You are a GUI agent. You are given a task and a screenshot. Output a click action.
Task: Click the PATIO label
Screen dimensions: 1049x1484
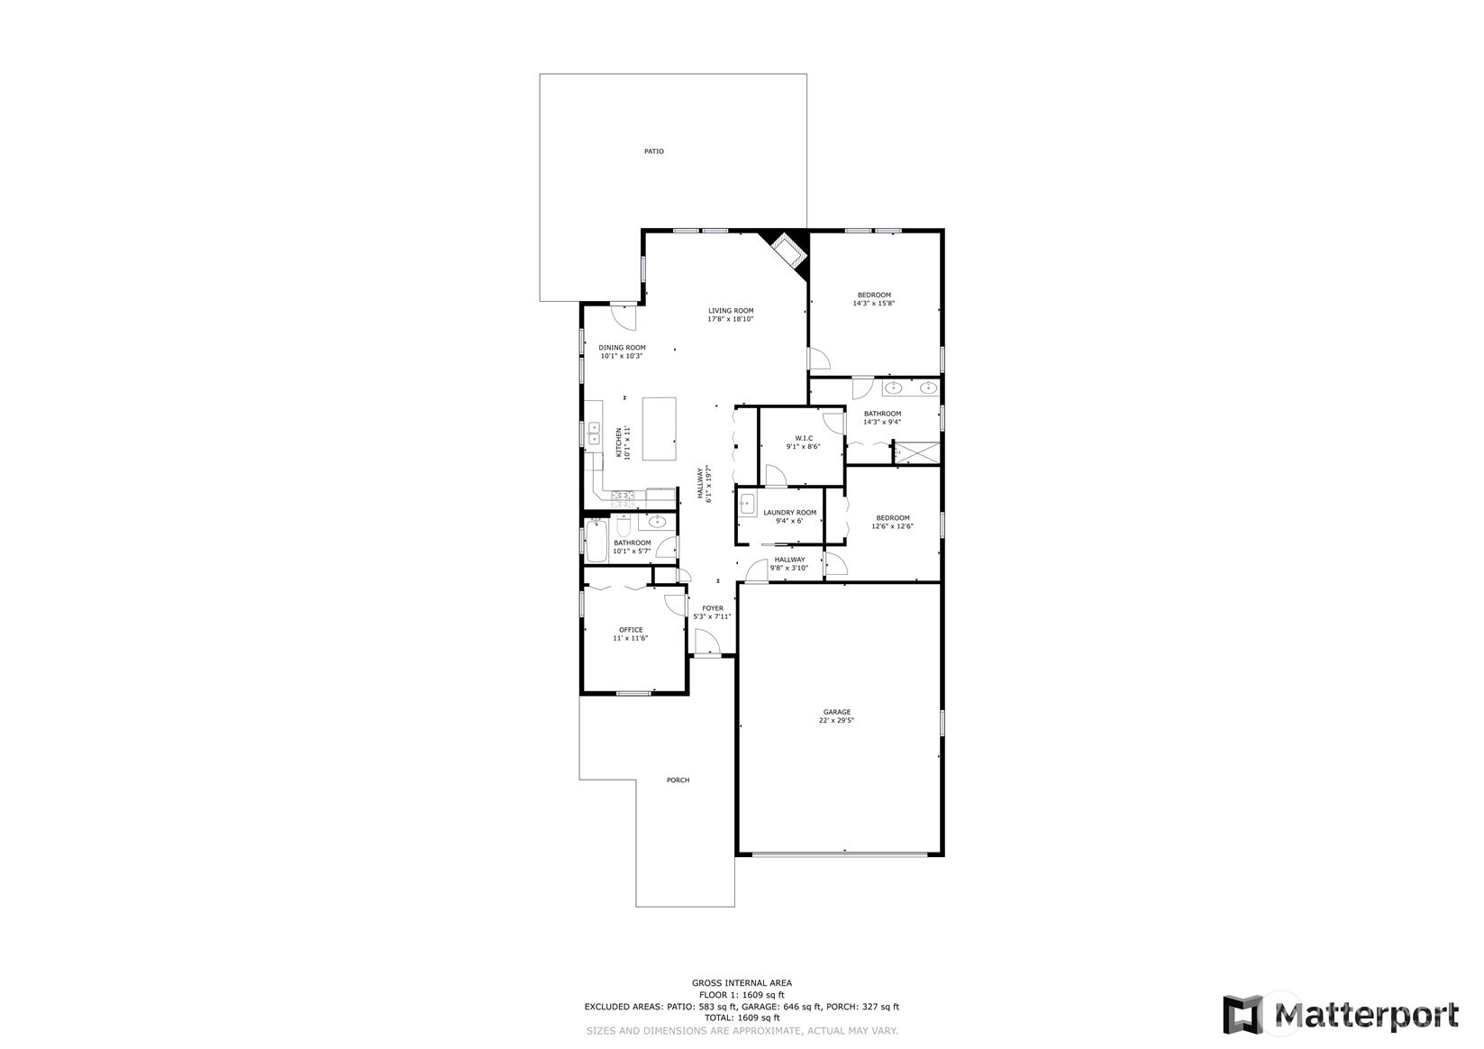coord(653,151)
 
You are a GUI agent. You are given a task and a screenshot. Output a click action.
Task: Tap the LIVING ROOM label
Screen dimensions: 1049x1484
coord(730,311)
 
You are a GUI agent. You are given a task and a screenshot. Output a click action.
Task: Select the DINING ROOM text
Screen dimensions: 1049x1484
coord(622,348)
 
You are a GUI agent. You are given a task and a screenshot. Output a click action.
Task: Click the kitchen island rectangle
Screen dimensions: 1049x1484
coord(659,429)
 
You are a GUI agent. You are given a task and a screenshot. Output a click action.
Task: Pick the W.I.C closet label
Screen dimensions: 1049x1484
coord(804,438)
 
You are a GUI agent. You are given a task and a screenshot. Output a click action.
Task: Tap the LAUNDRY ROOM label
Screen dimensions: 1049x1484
coord(789,513)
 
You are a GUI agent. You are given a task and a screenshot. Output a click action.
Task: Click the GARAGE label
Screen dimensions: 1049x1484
coord(835,712)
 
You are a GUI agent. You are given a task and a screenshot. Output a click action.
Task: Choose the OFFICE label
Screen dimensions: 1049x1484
coord(630,630)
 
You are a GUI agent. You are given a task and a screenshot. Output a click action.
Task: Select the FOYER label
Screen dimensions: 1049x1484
coord(712,608)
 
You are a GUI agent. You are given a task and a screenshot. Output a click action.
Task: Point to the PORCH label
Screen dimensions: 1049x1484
coord(678,780)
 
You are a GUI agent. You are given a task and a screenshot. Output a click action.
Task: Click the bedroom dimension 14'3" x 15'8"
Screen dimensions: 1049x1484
coord(873,304)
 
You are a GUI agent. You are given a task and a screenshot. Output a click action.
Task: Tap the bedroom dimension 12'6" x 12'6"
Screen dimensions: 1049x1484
coord(892,526)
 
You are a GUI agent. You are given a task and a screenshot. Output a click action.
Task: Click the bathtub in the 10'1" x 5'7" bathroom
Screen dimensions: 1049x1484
coord(597,541)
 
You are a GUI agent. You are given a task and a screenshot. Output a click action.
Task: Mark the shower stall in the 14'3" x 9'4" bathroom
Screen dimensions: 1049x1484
coord(915,452)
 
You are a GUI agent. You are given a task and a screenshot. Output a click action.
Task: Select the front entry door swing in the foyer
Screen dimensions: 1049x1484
coord(706,642)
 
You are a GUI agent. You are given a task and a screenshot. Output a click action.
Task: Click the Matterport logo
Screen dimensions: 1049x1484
coord(1340,1015)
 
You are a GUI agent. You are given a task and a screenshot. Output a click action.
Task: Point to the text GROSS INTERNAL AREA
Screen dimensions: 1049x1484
coord(742,983)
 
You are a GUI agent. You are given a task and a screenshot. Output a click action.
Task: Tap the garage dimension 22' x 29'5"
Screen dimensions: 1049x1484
coord(835,721)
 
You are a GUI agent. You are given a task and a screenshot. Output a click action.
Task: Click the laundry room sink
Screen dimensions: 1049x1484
coord(747,505)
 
